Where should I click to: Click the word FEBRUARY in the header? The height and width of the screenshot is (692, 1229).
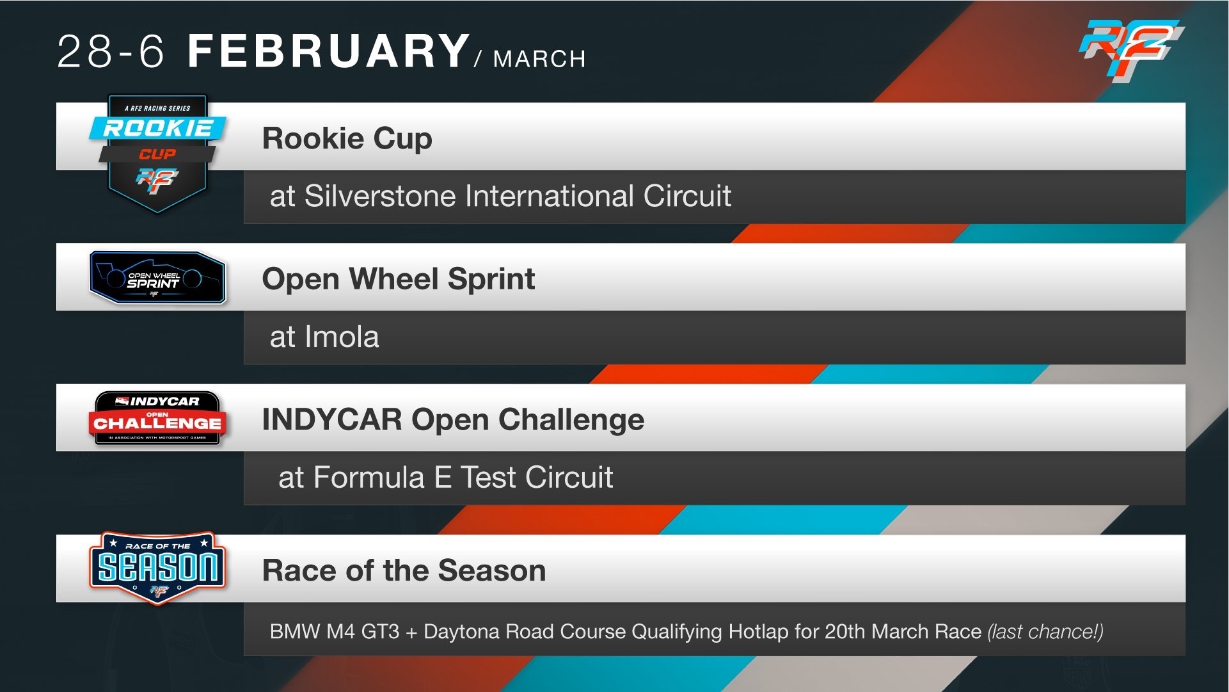(x=329, y=51)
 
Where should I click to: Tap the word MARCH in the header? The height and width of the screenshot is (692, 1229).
(x=539, y=59)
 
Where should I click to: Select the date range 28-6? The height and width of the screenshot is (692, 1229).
(x=111, y=51)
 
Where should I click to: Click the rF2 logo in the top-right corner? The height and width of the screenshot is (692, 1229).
(x=1131, y=50)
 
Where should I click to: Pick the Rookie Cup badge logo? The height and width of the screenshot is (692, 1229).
(x=157, y=154)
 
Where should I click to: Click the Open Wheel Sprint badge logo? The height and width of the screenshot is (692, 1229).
(x=157, y=277)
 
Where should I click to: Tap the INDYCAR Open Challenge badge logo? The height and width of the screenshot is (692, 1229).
(x=157, y=418)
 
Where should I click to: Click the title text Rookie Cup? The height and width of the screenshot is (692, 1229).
(x=347, y=138)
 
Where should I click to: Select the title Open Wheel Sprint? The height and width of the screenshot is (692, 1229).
(x=399, y=279)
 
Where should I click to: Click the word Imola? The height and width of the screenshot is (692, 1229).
(x=342, y=337)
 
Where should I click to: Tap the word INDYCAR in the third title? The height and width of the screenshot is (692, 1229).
(x=332, y=420)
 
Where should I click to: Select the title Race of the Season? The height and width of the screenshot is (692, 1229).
(x=404, y=570)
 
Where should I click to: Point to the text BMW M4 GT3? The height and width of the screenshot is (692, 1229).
(x=335, y=632)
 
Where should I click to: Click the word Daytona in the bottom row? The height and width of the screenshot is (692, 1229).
(x=462, y=632)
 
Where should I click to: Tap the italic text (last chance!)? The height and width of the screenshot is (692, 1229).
(x=1045, y=632)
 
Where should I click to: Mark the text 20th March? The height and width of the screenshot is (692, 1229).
(x=903, y=632)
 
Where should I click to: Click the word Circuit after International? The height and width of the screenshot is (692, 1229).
(x=687, y=196)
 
